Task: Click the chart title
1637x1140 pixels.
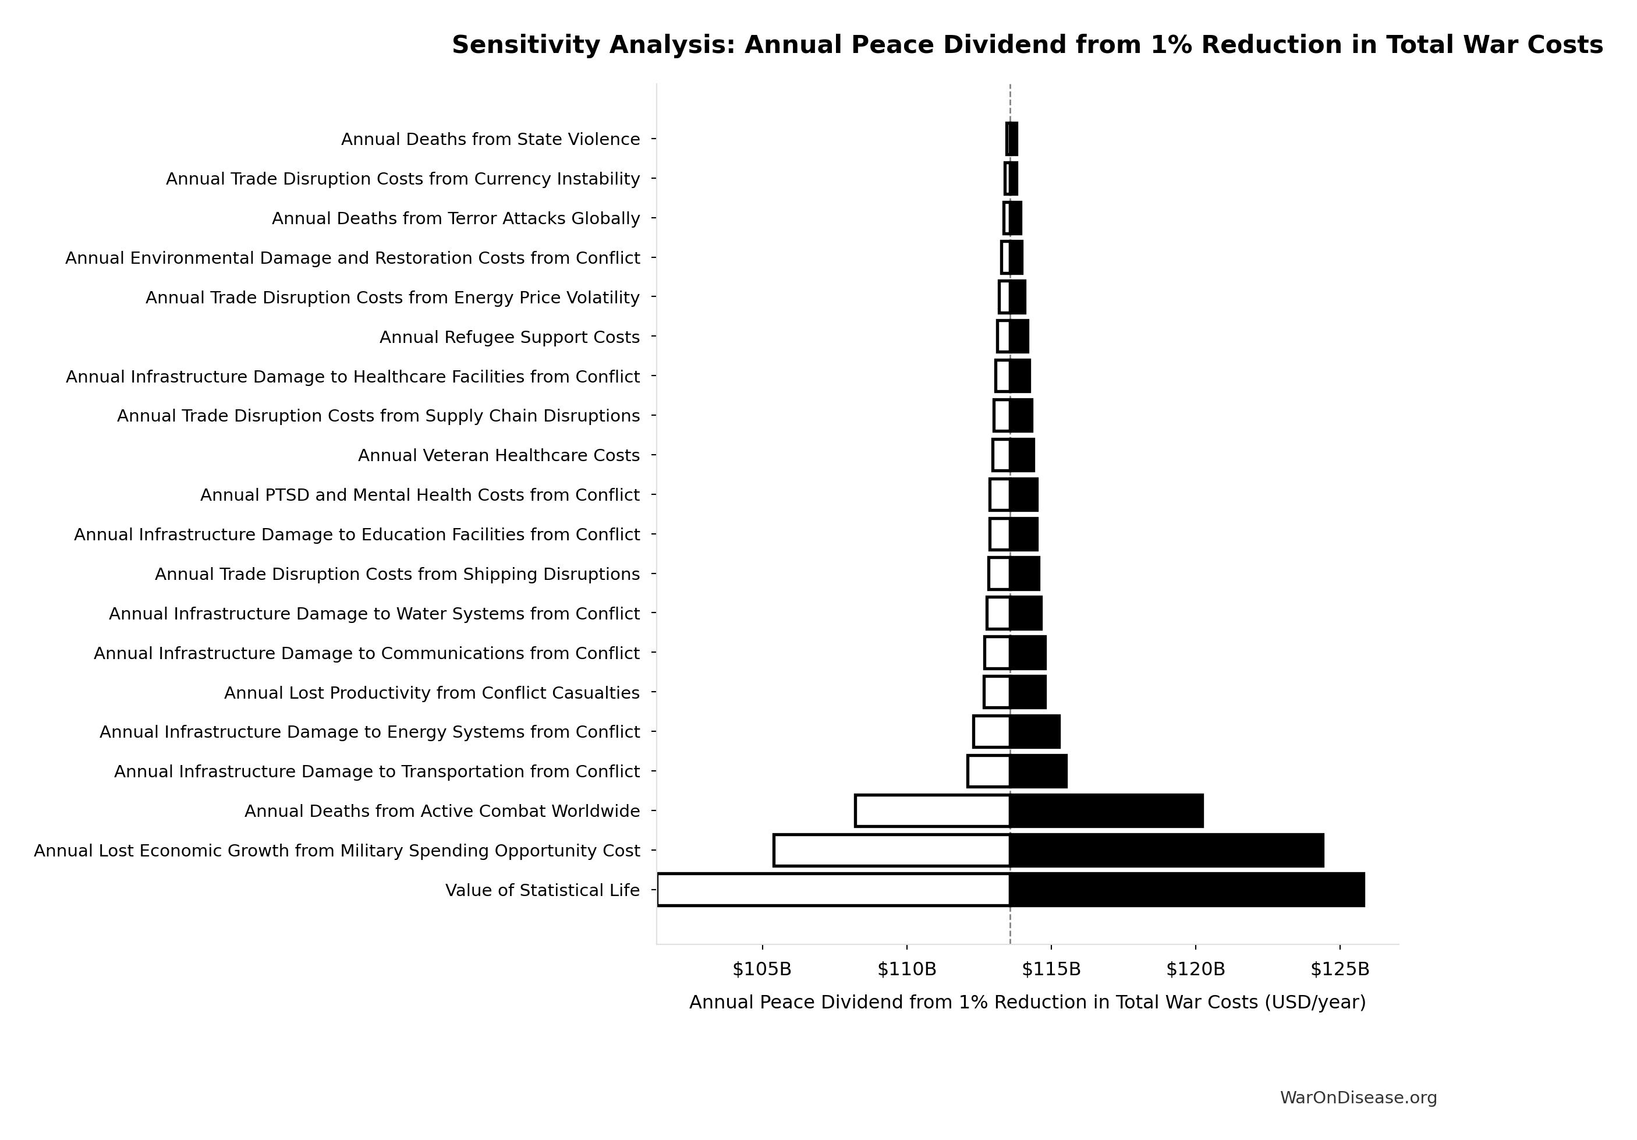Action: coord(1027,45)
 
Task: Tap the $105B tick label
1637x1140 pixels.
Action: coord(762,969)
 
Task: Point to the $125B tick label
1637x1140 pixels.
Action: coord(1340,969)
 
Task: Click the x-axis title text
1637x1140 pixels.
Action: coord(1027,1003)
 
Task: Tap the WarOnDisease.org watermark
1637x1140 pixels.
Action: coord(1358,1098)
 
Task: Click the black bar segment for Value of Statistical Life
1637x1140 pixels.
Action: coord(1187,890)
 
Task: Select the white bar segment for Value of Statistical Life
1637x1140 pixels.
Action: coord(832,890)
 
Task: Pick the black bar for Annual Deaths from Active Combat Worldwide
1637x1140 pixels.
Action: coord(1107,810)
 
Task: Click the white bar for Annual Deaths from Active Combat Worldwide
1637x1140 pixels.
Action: coord(932,810)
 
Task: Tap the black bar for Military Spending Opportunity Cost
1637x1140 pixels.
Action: coord(1167,851)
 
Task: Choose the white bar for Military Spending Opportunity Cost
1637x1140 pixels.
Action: coord(891,851)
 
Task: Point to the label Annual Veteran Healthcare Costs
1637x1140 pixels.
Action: coord(498,455)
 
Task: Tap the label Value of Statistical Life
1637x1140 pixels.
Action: coord(542,890)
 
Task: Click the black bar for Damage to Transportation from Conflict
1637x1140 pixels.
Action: coord(1038,771)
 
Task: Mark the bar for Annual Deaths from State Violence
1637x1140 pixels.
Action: coord(1012,139)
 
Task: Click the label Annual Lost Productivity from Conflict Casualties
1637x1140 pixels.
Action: coord(431,693)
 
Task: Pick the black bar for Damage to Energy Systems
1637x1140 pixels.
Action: coord(1034,731)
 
